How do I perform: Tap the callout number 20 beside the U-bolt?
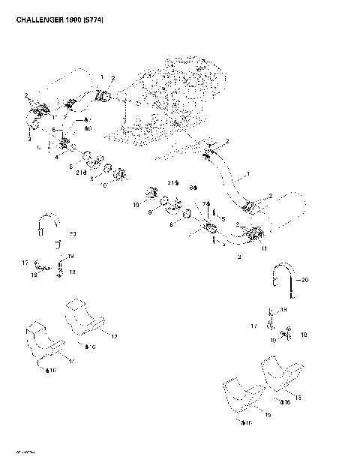(305, 281)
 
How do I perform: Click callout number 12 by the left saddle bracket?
(114, 337)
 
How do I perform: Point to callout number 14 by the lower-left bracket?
(70, 362)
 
